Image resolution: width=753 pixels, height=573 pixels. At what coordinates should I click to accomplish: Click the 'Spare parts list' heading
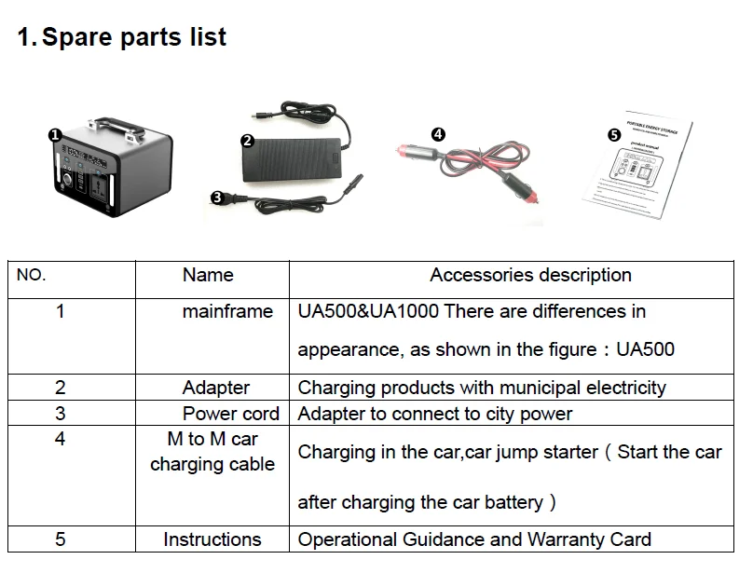coord(122,38)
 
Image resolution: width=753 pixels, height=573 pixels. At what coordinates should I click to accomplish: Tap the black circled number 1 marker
coord(55,135)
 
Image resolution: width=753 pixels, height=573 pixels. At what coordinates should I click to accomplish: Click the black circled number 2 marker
coord(247,142)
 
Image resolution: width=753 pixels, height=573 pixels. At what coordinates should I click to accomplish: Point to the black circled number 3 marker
coord(216,197)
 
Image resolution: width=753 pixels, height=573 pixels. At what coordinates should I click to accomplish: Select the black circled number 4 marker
coord(439,134)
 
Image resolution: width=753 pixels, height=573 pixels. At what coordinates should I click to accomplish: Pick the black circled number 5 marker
coord(613,134)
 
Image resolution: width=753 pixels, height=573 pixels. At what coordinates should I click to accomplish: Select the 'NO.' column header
coord(32,276)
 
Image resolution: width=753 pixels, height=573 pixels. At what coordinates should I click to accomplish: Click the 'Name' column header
coord(208,275)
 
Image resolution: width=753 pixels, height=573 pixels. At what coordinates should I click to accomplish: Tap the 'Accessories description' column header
coord(530,275)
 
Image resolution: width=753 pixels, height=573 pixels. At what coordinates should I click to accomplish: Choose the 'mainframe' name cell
coord(227,311)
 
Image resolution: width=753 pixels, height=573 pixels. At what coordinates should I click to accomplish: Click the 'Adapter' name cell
coord(216,388)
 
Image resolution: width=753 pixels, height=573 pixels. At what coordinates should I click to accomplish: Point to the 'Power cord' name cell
coord(231,414)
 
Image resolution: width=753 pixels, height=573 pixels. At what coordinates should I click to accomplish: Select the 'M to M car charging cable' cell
coord(212,451)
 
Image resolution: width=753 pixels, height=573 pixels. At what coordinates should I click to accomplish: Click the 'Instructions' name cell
coord(212,539)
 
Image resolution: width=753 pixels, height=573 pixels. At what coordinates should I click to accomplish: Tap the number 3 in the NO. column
coord(61,413)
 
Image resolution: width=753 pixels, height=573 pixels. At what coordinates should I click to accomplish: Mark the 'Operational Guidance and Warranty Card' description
coord(474,539)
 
